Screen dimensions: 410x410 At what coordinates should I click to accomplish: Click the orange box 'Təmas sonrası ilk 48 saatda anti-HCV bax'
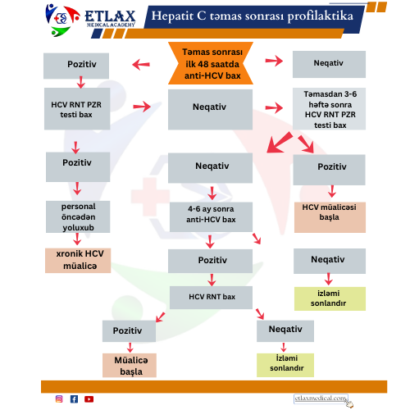(x=211, y=63)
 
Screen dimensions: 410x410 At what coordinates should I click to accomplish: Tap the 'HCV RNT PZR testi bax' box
(x=77, y=108)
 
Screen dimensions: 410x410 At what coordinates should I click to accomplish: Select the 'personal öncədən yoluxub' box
(x=78, y=216)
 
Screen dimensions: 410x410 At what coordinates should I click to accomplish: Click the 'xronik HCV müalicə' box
(x=78, y=261)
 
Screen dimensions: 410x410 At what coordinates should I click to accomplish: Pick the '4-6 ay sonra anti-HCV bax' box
(x=211, y=217)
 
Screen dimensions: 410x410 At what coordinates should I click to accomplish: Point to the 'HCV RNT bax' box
(x=211, y=298)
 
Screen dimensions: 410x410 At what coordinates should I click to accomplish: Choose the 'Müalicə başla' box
(x=130, y=365)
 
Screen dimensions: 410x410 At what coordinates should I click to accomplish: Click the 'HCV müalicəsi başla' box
(x=330, y=217)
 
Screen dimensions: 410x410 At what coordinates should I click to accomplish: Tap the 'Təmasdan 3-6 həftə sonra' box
(x=329, y=109)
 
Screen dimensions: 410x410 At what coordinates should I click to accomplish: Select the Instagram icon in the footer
(x=59, y=399)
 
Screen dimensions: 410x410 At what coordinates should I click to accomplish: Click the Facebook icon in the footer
(x=74, y=399)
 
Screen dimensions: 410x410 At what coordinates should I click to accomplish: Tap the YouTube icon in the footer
(x=89, y=399)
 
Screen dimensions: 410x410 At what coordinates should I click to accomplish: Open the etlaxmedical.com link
(x=321, y=399)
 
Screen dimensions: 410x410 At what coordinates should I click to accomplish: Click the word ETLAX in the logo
(x=110, y=16)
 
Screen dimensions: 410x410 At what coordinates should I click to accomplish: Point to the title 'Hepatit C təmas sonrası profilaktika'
(x=252, y=16)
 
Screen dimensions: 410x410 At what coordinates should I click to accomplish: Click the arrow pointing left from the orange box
(x=141, y=65)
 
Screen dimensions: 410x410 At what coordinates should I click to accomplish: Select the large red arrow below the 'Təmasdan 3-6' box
(x=280, y=142)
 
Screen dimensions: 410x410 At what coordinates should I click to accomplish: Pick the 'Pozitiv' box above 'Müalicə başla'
(x=129, y=331)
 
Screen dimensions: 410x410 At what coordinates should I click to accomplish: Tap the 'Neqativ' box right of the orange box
(x=329, y=64)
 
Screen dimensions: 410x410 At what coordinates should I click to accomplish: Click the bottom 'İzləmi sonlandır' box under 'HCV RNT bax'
(x=285, y=365)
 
